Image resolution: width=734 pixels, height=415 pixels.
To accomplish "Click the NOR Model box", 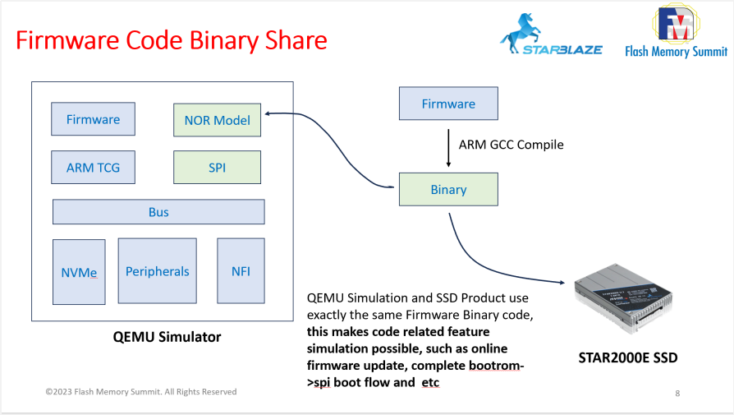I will [217, 120].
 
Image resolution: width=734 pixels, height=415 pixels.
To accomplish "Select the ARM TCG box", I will [93, 168].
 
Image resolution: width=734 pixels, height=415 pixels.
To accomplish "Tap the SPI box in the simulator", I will [217, 168].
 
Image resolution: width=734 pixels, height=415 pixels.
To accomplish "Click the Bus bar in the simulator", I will [158, 212].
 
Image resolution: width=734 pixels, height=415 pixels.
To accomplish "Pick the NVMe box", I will [79, 271].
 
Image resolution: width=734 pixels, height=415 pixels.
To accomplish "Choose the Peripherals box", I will [157, 271].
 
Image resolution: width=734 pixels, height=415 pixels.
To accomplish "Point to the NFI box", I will [241, 271].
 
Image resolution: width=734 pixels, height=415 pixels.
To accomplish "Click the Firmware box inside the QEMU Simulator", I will [93, 120].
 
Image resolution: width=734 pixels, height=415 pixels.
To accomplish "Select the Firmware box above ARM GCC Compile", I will [447, 104].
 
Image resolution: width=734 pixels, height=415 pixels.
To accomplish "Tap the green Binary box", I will [447, 190].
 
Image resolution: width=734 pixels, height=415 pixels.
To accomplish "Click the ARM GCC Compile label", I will [511, 145].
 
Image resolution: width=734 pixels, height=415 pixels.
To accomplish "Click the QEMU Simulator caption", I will [167, 337].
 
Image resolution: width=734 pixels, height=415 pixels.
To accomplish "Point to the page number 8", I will [677, 394].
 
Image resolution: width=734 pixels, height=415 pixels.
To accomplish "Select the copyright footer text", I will [140, 392].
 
